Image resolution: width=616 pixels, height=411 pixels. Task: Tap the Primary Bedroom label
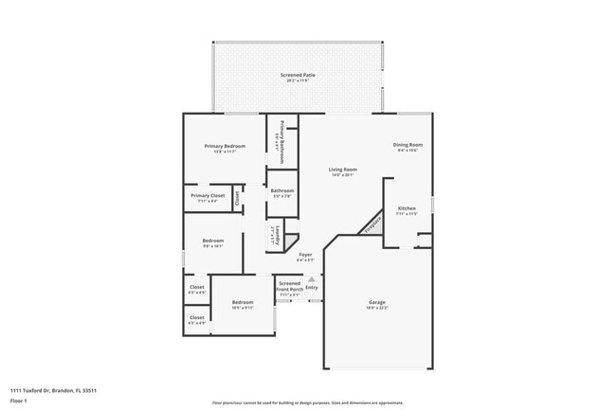click(x=225, y=146)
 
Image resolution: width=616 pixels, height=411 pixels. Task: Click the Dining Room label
click(x=408, y=145)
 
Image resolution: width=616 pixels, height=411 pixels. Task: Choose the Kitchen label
click(x=407, y=207)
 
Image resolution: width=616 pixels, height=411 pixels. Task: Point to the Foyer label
click(x=305, y=254)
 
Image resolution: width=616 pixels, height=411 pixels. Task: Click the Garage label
click(x=376, y=302)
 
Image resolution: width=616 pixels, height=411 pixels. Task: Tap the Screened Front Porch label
click(x=289, y=285)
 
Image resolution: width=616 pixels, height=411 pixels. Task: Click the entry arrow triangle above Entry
click(x=311, y=279)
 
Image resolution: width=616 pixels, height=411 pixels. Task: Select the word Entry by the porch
click(x=312, y=287)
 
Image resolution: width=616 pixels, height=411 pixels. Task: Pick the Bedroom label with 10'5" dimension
click(x=243, y=302)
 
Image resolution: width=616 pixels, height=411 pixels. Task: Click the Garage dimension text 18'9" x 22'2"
click(x=376, y=309)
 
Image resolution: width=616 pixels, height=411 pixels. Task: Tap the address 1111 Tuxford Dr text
click(x=53, y=390)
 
